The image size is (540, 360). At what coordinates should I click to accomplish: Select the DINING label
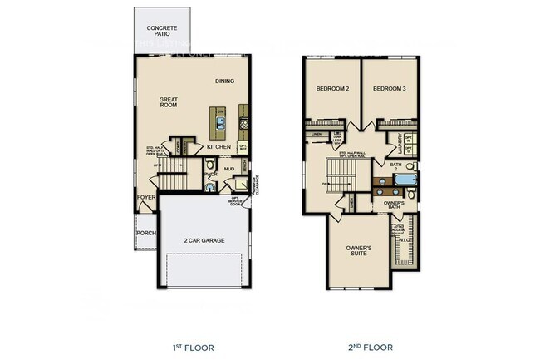[x=224, y=81]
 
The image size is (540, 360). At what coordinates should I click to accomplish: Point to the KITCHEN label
[x=218, y=146]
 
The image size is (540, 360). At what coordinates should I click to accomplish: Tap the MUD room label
[x=228, y=169]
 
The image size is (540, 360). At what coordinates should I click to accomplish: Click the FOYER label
[x=146, y=198]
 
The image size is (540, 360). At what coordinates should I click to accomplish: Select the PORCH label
[x=145, y=233]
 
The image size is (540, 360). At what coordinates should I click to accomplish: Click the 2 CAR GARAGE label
[x=204, y=241]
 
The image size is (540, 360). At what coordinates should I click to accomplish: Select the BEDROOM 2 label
[x=331, y=88]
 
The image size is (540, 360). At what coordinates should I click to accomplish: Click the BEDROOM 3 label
[x=389, y=88]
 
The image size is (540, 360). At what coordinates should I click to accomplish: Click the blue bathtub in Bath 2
[x=404, y=179]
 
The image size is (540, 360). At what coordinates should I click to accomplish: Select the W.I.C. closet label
[x=405, y=242]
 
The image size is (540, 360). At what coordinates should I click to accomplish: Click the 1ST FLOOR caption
[x=194, y=348]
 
